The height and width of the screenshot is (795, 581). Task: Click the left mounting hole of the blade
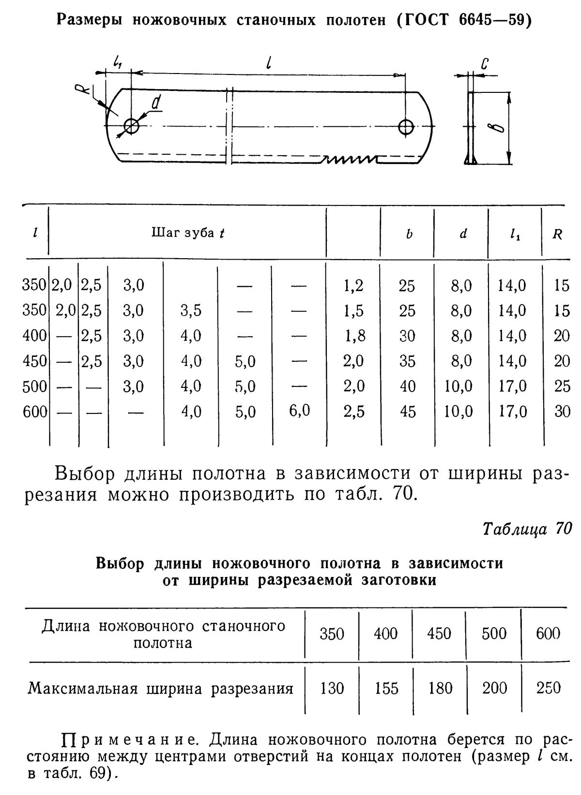click(x=131, y=126)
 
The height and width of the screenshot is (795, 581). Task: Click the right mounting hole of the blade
click(x=405, y=127)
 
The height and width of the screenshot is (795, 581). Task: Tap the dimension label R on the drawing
click(x=83, y=89)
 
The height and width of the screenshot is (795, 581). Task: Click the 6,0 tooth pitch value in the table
click(x=299, y=411)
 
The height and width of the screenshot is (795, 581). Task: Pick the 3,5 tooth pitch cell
click(x=191, y=310)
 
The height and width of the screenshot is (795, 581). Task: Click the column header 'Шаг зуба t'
click(x=188, y=233)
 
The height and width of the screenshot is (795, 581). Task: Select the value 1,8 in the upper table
click(x=354, y=336)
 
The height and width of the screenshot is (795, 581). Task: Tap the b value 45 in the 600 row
click(x=407, y=412)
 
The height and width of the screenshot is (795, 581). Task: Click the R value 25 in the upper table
click(x=562, y=386)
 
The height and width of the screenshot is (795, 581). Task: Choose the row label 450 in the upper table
click(x=34, y=361)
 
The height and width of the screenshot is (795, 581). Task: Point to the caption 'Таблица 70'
click(x=527, y=529)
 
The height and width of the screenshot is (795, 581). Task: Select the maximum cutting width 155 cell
click(x=386, y=688)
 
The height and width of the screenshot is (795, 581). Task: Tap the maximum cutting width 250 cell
click(x=548, y=688)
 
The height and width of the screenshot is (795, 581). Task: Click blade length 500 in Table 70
click(x=494, y=633)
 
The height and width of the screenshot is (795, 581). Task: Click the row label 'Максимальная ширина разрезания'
click(x=160, y=688)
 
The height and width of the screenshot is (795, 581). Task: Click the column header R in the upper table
click(x=557, y=235)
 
